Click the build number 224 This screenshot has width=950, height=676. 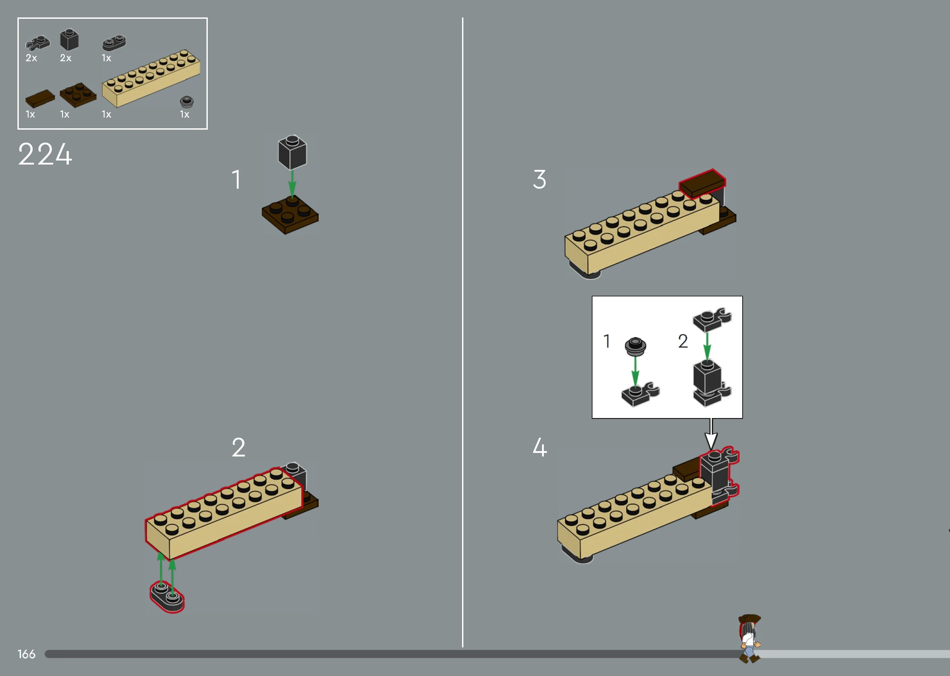[x=45, y=154]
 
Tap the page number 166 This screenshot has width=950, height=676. [x=26, y=654]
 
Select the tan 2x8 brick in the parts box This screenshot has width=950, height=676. [x=151, y=78]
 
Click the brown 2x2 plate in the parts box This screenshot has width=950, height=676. [x=78, y=94]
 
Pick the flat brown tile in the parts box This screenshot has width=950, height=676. [x=40, y=98]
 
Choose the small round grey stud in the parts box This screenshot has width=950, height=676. [x=186, y=101]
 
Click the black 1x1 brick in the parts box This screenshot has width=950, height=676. [x=69, y=40]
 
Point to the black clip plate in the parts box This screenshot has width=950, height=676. [x=38, y=43]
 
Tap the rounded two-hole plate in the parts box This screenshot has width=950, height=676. [x=114, y=42]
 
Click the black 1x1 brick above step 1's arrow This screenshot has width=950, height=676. [x=292, y=152]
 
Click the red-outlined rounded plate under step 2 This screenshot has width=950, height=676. [x=167, y=596]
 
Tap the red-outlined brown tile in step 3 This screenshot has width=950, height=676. [x=702, y=183]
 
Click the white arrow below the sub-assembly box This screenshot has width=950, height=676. [x=711, y=434]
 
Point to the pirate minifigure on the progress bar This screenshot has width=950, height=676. [x=749, y=638]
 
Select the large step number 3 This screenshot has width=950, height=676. [x=539, y=179]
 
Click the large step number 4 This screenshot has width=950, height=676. [x=540, y=447]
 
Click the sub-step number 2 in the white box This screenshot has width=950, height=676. [x=683, y=341]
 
